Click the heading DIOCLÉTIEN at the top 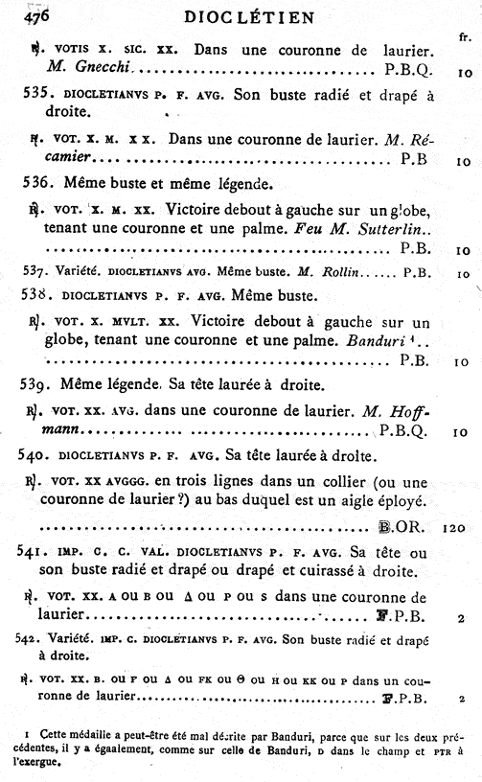pyautogui.click(x=240, y=18)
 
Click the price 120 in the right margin pyautogui.click(x=455, y=527)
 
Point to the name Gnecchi pyautogui.click(x=104, y=70)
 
